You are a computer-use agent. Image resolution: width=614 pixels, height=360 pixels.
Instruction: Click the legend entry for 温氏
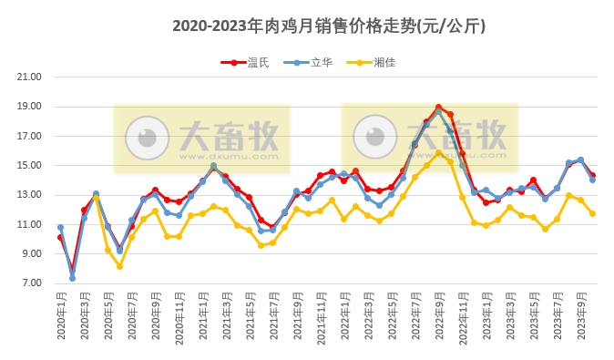[x=259, y=63]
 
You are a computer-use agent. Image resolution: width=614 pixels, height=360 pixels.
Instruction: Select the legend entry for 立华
[x=322, y=63]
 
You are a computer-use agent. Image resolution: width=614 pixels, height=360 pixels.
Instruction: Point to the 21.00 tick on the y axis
[x=30, y=77]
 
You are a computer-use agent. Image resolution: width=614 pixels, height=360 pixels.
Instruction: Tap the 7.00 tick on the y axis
[x=30, y=283]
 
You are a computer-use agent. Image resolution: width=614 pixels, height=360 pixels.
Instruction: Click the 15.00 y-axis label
[x=30, y=166]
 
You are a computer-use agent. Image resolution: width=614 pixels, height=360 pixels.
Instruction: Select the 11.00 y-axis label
[x=30, y=224]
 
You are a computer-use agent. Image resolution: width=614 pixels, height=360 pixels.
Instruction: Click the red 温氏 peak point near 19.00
[x=438, y=108]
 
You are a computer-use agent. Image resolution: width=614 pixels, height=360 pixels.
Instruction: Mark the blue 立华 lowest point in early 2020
[x=72, y=278]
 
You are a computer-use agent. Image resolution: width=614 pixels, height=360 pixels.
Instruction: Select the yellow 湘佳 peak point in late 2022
[x=438, y=153]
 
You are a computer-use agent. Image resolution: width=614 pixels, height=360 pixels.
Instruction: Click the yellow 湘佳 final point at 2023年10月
[x=592, y=214]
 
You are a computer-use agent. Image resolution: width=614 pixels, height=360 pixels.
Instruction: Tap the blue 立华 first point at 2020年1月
[x=60, y=228]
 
